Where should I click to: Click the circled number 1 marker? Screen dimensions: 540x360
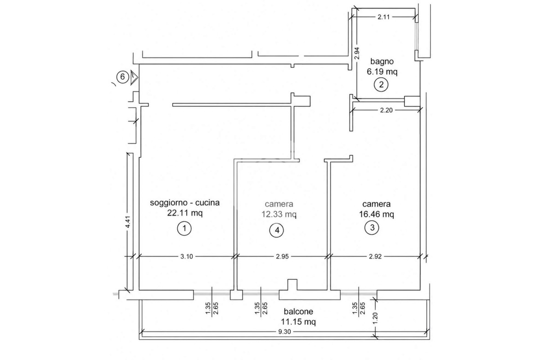(x=184, y=228)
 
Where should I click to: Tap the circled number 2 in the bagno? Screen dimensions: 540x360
(x=381, y=85)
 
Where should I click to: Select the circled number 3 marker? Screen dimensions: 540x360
(x=372, y=227)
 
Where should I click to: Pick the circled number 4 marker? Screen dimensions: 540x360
(x=276, y=230)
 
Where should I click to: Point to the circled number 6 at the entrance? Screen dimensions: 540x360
(x=122, y=77)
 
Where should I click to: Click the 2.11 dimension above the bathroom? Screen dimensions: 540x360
(x=383, y=17)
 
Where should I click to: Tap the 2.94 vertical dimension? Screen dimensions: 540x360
(x=357, y=53)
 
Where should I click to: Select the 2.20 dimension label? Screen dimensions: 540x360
(x=386, y=110)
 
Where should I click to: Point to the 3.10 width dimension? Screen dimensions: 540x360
(x=187, y=256)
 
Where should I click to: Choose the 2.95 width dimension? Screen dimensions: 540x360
(x=282, y=256)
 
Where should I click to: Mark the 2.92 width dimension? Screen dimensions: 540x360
(x=375, y=256)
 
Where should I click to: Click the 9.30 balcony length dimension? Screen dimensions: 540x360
(x=284, y=332)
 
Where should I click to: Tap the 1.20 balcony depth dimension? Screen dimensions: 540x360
(x=375, y=318)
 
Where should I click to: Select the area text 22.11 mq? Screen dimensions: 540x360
(x=185, y=213)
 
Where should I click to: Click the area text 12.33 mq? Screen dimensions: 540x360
(x=279, y=214)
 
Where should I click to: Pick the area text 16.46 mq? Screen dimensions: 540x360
(x=377, y=214)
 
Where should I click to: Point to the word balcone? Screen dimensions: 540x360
(x=298, y=311)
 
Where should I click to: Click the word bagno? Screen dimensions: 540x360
(x=382, y=62)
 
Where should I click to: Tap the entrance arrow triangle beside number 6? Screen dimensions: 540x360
(x=134, y=77)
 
